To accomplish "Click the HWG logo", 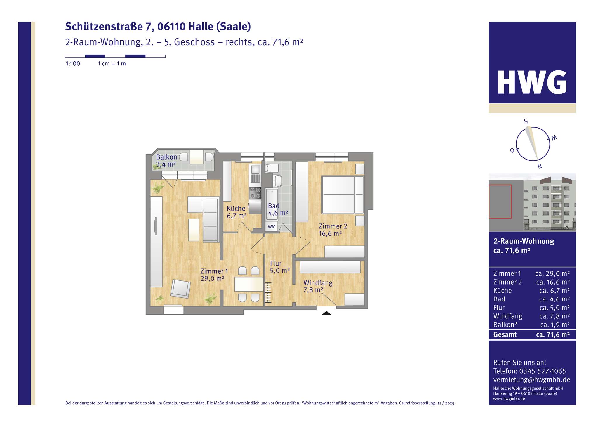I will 532,83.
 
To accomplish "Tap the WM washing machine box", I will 272,226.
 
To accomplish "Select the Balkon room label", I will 166,157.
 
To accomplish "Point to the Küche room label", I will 236,209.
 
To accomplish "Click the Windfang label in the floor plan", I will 318,283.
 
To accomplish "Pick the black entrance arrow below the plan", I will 326,313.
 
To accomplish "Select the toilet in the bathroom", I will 272,168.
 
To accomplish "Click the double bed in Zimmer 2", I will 342,195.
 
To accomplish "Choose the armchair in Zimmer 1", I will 180,289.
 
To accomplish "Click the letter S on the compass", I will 526,121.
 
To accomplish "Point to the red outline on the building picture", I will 500,202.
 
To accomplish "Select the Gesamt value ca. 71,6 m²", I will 553,335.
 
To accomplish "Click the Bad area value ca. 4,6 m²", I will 554,299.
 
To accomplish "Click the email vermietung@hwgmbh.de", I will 531,380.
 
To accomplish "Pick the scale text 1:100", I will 73,64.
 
